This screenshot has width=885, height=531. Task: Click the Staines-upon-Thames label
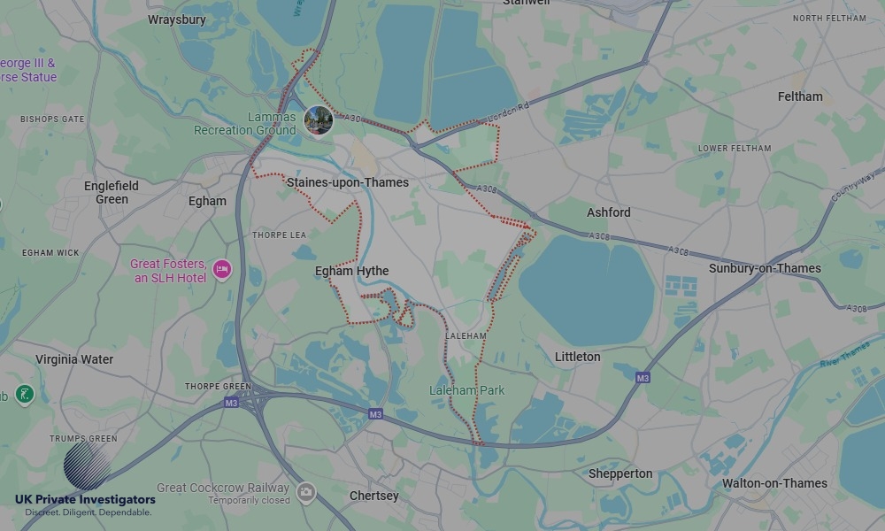348,182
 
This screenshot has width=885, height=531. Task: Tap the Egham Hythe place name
351,272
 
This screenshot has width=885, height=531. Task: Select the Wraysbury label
177,19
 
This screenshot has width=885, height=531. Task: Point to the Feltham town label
800,96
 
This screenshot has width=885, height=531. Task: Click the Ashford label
609,212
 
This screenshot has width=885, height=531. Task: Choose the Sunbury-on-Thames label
765,268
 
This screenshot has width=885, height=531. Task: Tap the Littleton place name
577,357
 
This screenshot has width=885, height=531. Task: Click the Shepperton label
620,473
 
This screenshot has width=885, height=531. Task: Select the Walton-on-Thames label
774,483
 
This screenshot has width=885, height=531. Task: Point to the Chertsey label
374,496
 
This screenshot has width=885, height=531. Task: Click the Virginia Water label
74,359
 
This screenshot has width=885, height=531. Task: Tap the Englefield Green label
112,192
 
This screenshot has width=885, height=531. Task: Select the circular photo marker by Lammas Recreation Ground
318,120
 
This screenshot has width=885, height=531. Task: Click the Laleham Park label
466,390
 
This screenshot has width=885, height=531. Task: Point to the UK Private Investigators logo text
85,500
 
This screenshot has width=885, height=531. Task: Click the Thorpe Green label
218,387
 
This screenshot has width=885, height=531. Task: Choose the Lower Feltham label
735,148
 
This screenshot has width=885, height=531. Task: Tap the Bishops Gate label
52,119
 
